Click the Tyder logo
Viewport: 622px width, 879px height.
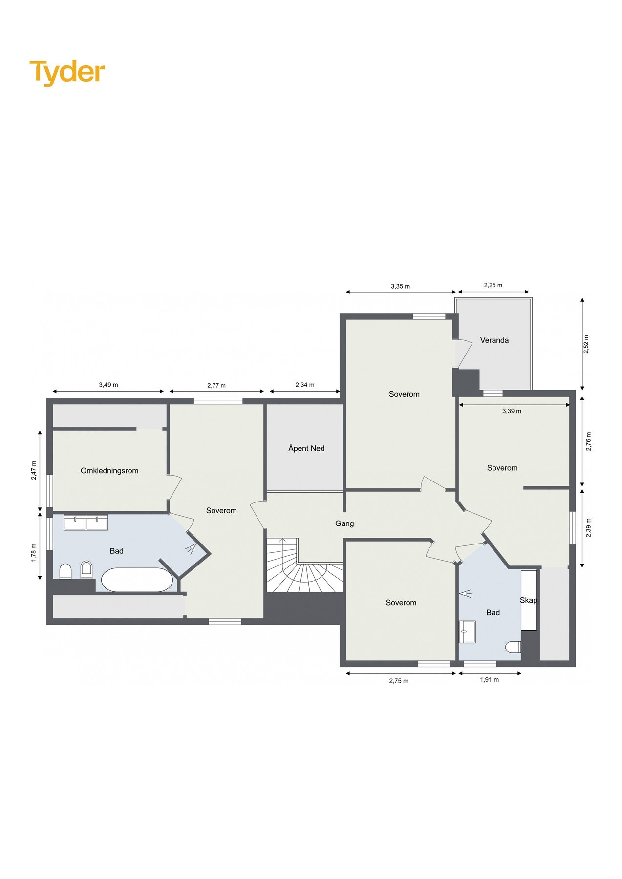click(x=67, y=72)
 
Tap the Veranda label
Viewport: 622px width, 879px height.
click(x=494, y=340)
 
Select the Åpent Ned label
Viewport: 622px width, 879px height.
click(x=306, y=448)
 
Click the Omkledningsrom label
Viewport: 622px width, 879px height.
click(x=109, y=471)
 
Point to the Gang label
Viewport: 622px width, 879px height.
click(x=344, y=523)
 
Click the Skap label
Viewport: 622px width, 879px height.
click(x=528, y=600)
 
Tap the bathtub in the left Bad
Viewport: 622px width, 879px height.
click(x=137, y=580)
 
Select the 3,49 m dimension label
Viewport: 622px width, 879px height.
click(x=108, y=385)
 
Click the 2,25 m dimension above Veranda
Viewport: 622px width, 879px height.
click(x=493, y=285)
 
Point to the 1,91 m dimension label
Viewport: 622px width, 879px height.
click(x=489, y=680)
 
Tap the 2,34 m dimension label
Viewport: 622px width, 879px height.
click(x=305, y=385)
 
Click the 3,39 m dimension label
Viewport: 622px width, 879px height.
click(x=512, y=411)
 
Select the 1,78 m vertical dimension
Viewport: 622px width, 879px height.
click(x=33, y=553)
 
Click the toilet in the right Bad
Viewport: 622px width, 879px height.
click(x=513, y=647)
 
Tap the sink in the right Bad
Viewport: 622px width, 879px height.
click(x=467, y=631)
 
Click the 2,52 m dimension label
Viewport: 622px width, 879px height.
click(x=586, y=344)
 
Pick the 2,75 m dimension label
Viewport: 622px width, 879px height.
click(x=399, y=681)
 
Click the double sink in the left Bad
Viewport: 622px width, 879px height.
click(x=86, y=523)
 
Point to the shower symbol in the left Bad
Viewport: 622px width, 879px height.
click(x=190, y=548)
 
